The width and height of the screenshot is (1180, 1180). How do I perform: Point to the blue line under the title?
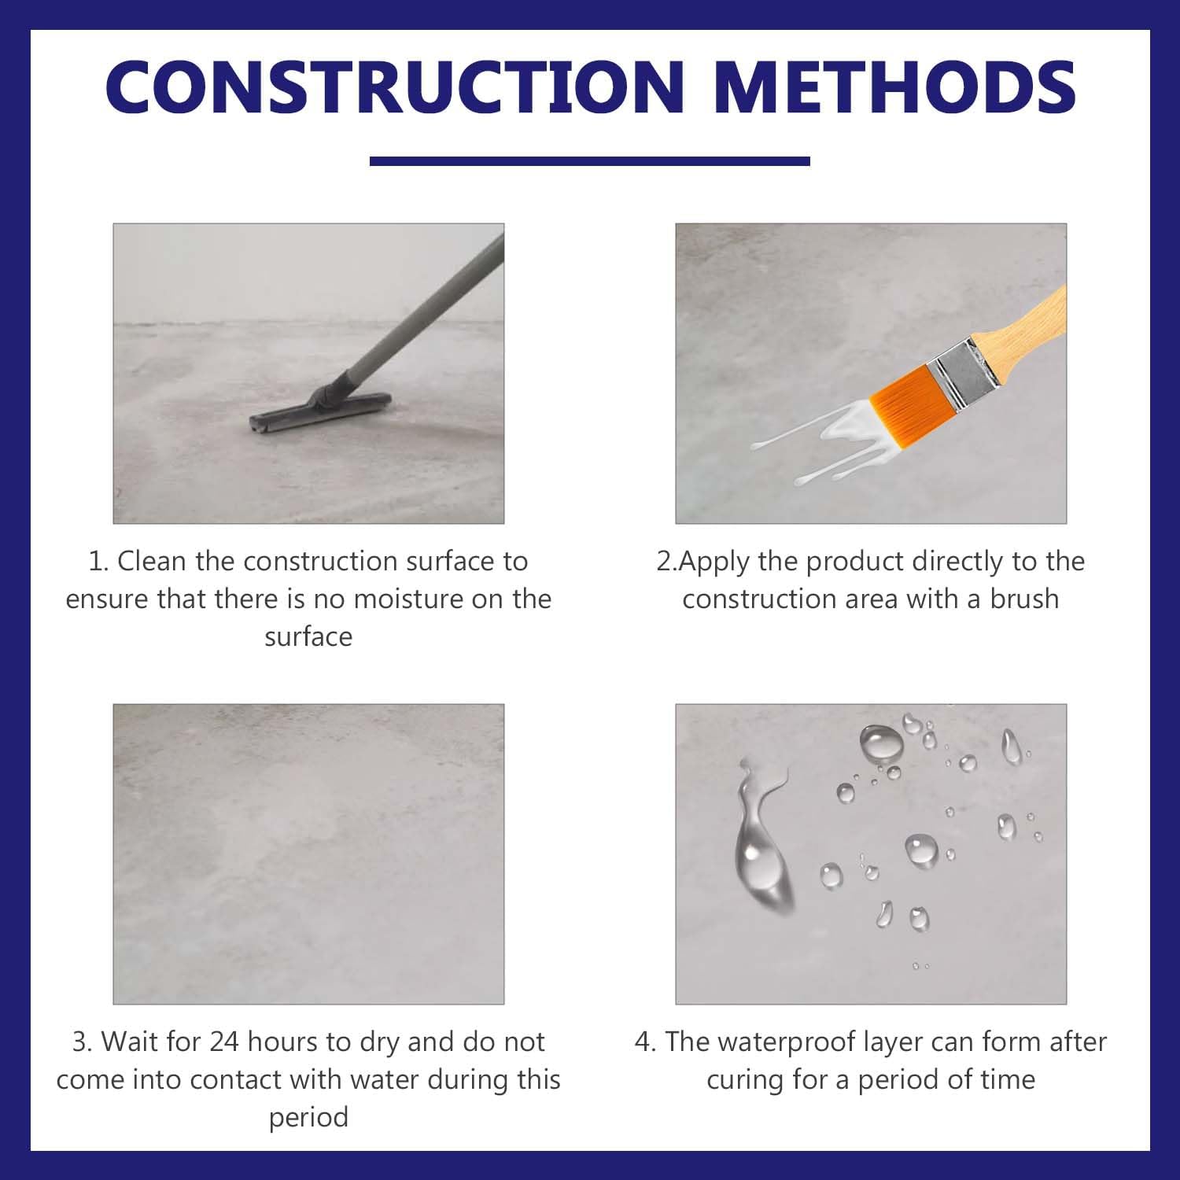(x=589, y=161)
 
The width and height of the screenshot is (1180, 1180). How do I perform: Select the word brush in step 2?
(x=1023, y=599)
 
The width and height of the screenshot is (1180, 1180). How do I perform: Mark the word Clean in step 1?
(x=152, y=562)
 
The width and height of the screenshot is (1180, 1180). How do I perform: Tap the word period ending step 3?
(x=308, y=1118)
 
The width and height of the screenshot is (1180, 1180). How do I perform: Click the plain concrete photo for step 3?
(x=308, y=854)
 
